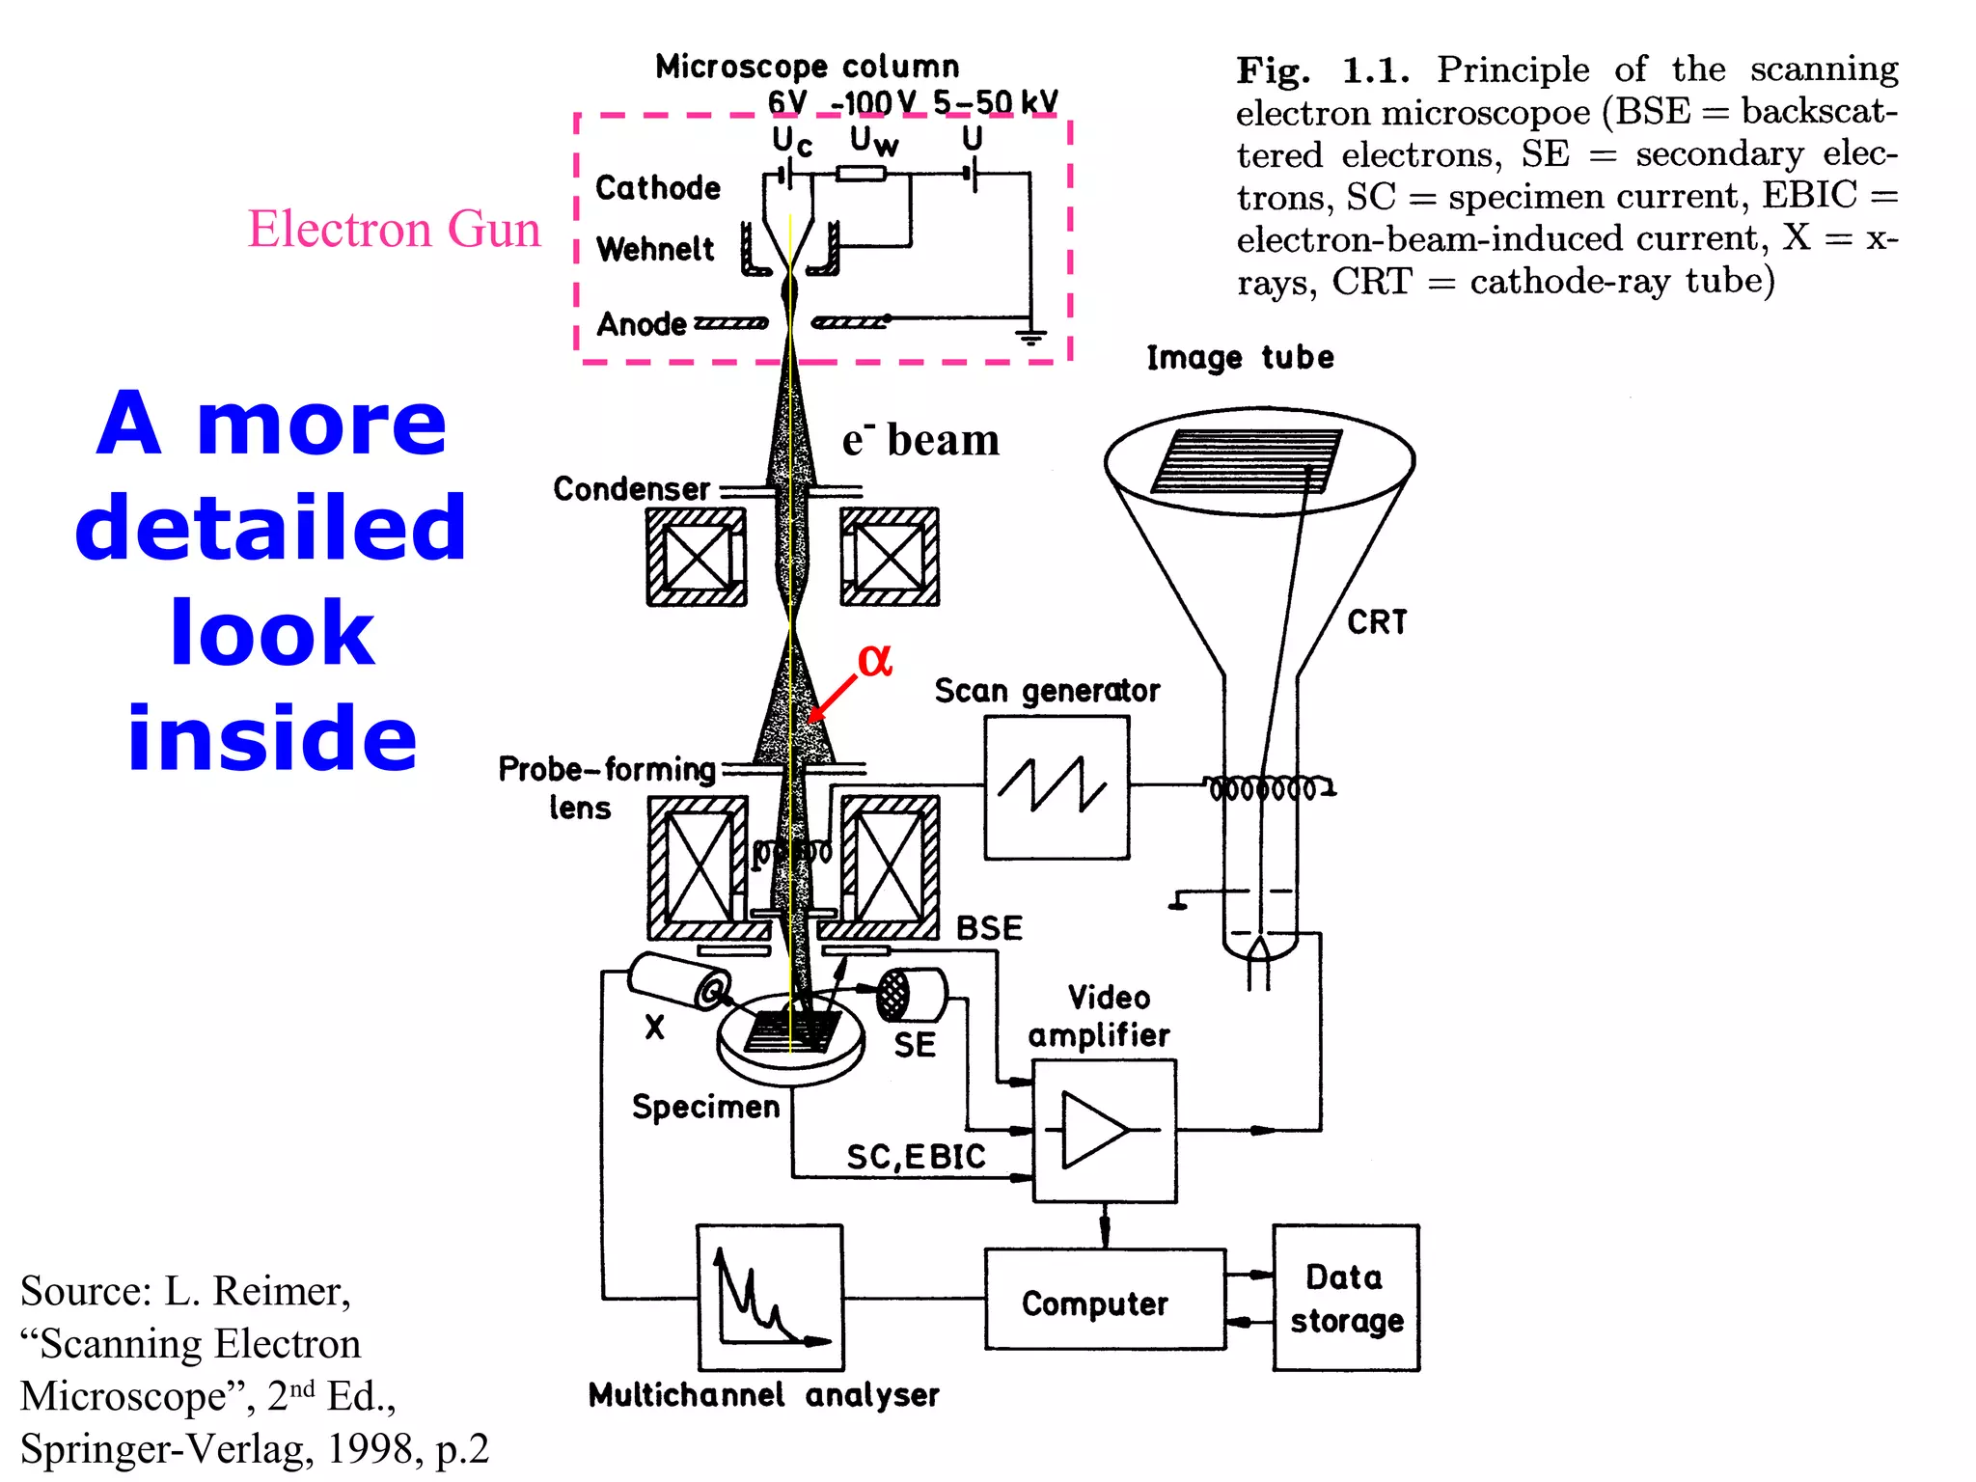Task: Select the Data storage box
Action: [1346, 1298]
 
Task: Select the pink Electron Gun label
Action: [394, 230]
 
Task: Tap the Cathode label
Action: [658, 187]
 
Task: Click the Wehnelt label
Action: [655, 249]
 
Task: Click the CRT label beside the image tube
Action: [1377, 622]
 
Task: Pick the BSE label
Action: [989, 928]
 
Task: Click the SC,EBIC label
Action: [916, 1156]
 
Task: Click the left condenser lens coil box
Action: [697, 558]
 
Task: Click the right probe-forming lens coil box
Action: [890, 865]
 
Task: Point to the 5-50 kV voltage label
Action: [995, 102]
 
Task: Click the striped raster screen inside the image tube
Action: [1246, 461]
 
